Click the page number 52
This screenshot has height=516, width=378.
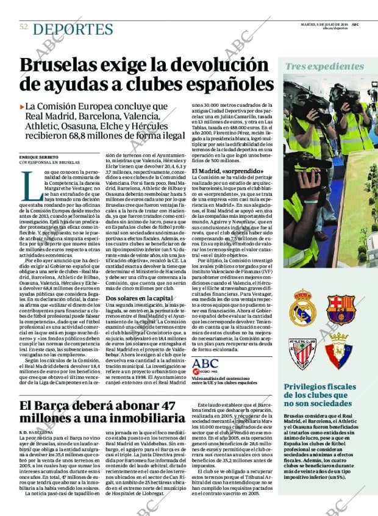(x=24, y=27)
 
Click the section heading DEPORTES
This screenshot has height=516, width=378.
(x=73, y=29)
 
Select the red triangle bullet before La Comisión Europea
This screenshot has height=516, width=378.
(x=22, y=106)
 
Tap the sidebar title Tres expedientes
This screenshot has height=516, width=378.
(x=324, y=66)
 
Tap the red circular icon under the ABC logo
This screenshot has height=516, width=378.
(x=196, y=371)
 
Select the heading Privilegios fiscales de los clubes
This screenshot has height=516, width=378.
(x=324, y=396)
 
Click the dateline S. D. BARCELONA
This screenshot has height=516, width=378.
(x=36, y=431)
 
